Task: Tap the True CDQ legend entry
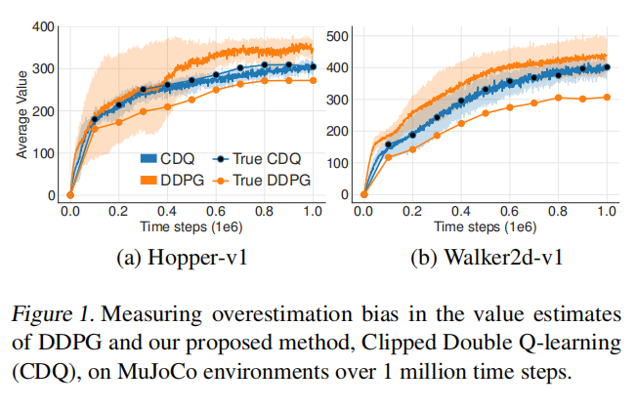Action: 263,158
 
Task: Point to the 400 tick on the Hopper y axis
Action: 43,26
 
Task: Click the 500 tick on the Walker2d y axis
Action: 336,37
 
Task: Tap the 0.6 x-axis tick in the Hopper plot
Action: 216,211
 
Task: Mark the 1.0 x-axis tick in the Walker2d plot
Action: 606,211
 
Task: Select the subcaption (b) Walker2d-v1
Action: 486,258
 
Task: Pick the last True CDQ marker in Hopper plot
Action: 313,67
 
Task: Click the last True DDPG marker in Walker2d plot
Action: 606,97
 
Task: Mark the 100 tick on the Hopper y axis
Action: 43,153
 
